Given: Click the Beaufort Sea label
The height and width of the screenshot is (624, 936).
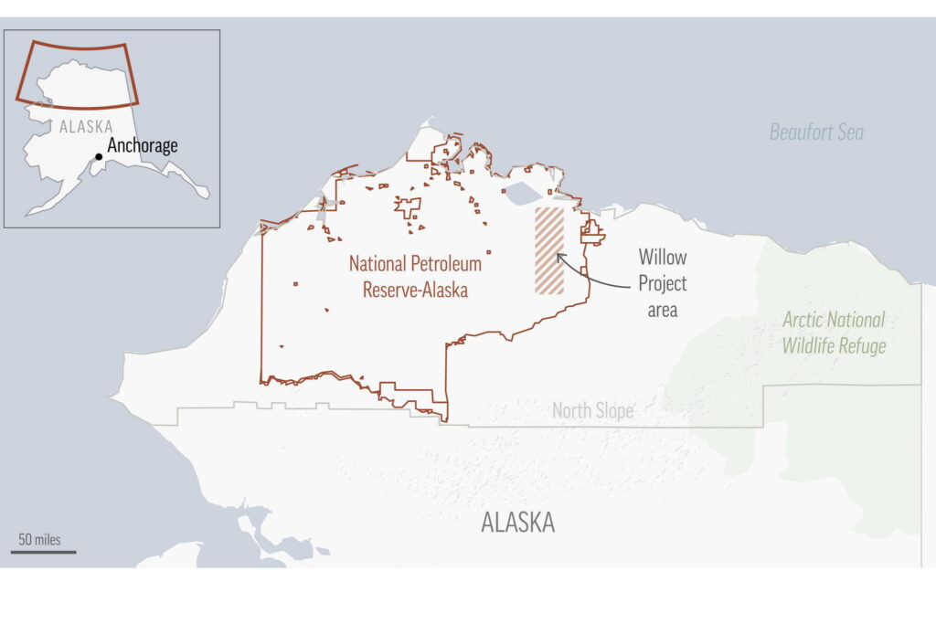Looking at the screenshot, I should (815, 132).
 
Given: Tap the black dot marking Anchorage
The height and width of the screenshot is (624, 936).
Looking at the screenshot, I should (99, 156).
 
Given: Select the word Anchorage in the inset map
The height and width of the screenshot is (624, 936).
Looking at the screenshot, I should (143, 145).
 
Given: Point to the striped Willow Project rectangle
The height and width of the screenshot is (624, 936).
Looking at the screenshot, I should (549, 250).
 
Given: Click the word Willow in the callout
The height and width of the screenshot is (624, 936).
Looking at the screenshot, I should (662, 257).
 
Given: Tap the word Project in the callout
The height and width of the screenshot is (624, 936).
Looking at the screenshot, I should (662, 283).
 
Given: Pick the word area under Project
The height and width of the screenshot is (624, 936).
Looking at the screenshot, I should (662, 310).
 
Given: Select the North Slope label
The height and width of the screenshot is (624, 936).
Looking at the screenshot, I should (592, 411).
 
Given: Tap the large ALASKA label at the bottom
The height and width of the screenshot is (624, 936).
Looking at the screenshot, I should (517, 523).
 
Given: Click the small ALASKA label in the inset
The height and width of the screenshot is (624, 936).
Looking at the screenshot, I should (86, 127).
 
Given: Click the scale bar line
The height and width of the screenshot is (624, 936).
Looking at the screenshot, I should (43, 552).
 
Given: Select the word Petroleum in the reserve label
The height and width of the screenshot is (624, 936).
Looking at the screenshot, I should (445, 264).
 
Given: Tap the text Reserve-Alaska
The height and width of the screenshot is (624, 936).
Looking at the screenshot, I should (415, 291).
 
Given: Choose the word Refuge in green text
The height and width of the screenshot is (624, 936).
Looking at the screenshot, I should (865, 346).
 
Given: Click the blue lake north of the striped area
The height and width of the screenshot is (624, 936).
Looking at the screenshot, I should (523, 193).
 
